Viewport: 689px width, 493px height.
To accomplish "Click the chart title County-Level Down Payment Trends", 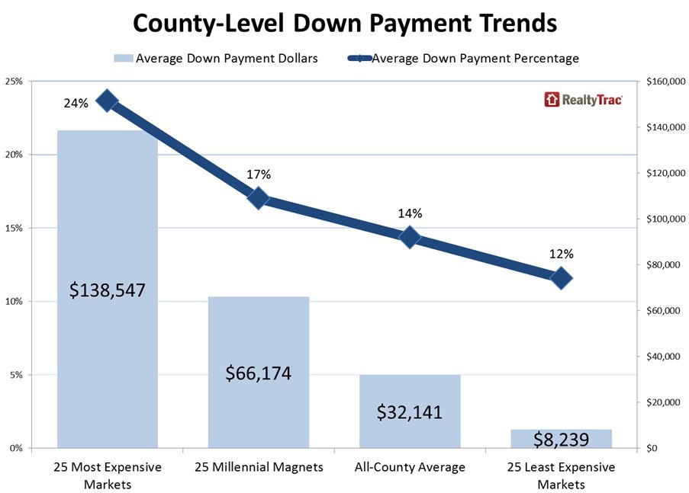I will click(344, 23).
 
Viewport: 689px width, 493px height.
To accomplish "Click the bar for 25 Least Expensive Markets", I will click(561, 438).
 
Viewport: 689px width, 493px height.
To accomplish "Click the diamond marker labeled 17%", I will click(259, 198).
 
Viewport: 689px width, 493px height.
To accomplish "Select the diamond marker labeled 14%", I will click(410, 237).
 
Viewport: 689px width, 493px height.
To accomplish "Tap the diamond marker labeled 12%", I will click(561, 278).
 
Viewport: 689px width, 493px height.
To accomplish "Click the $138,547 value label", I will click(108, 290).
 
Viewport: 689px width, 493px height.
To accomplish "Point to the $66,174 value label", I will click(259, 374).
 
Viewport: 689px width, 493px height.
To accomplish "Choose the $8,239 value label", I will click(561, 438).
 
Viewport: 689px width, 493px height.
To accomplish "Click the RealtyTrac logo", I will click(584, 99).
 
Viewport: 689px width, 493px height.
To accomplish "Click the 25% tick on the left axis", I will click(15, 82).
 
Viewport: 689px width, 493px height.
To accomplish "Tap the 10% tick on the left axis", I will click(15, 302).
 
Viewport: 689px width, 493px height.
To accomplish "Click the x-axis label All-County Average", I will click(410, 467).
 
